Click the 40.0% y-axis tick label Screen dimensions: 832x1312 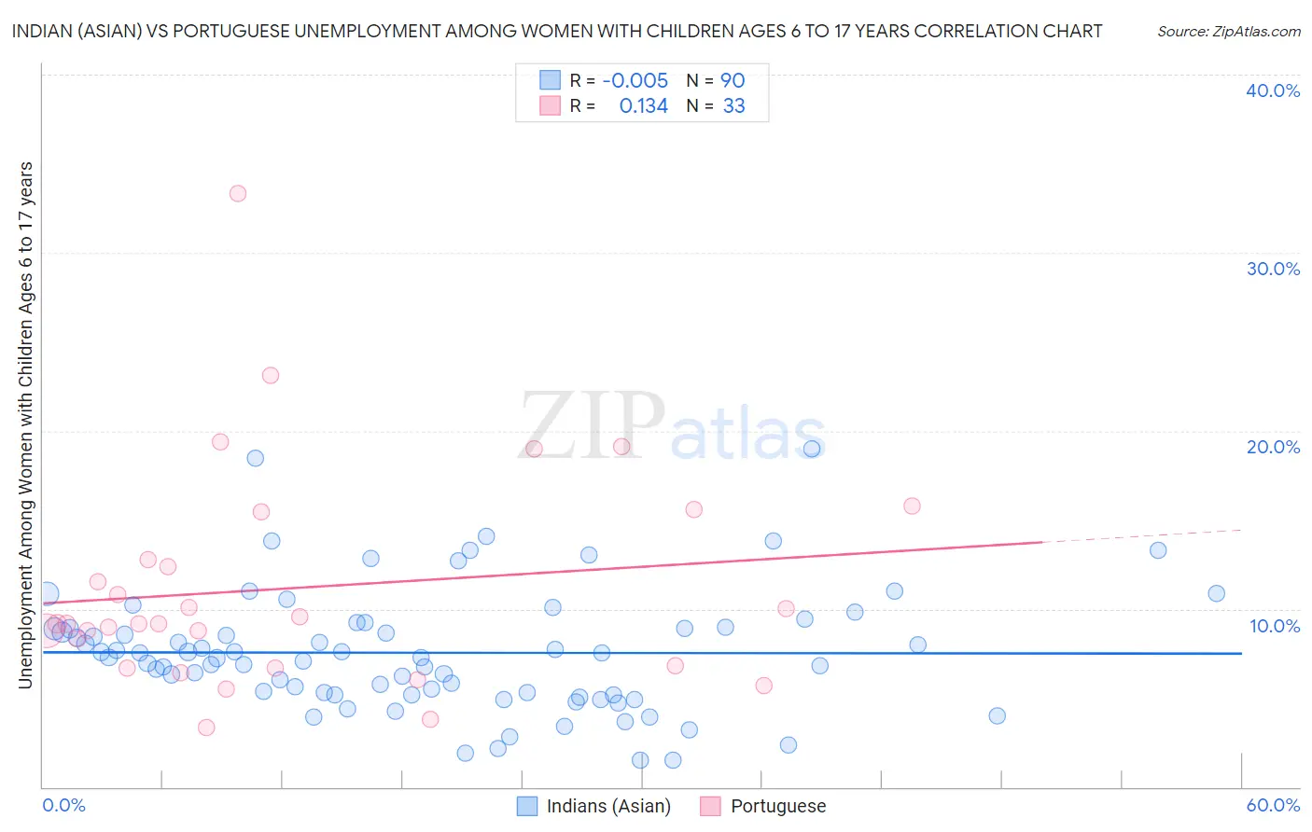coord(1272,90)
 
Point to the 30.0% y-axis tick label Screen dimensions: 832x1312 coord(1272,269)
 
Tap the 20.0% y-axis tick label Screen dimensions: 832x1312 coord(1272,447)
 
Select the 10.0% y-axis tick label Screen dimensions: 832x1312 coord(1274,626)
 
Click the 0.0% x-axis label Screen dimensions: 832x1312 coord(63,805)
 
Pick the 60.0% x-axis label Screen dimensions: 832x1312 coord(1272,805)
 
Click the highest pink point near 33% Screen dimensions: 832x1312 coord(238,194)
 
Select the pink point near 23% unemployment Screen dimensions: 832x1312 coord(271,376)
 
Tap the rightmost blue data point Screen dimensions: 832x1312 coord(1216,593)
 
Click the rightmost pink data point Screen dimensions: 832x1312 coord(912,506)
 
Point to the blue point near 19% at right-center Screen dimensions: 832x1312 coord(812,449)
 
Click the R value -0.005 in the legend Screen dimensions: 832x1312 coord(635,81)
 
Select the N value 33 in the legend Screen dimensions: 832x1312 coord(733,106)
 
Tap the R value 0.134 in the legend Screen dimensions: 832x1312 coord(643,106)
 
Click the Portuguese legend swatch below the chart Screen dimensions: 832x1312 coord(710,806)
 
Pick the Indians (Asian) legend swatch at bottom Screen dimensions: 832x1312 coord(527,806)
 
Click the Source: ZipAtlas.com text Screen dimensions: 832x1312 coord(1228,32)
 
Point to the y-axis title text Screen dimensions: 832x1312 coord(25,424)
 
